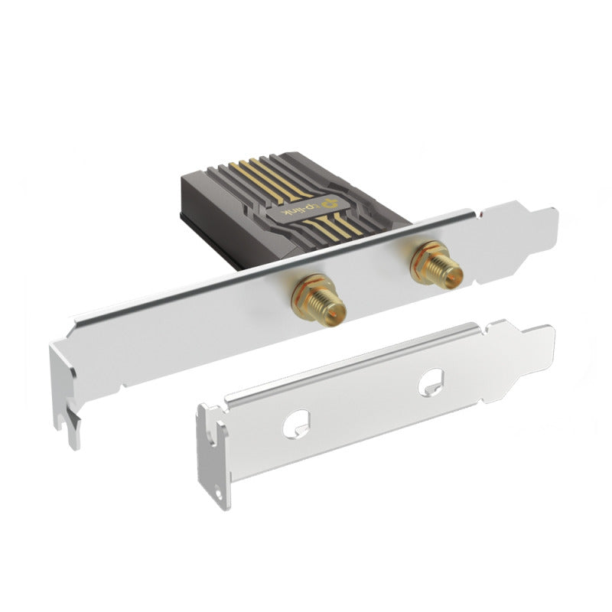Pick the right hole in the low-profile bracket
coord(430,380)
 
